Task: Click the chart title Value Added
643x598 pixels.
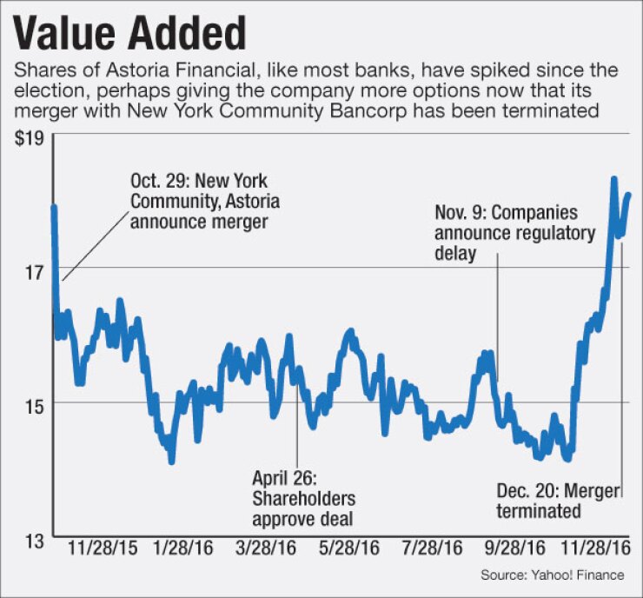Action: [130, 33]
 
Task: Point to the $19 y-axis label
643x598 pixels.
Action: [30, 136]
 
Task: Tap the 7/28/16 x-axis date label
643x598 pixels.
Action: [433, 551]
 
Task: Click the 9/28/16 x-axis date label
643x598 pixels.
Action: [516, 551]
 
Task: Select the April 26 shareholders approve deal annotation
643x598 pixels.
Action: [303, 498]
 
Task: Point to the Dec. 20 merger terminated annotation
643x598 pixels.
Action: [558, 501]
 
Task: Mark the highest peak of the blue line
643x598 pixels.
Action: [613, 179]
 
